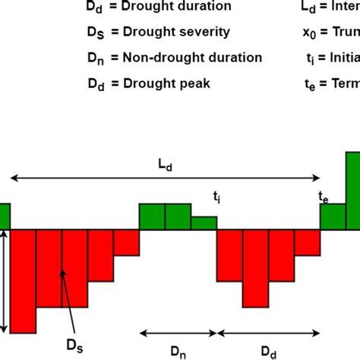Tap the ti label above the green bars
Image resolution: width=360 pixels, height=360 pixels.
click(217, 196)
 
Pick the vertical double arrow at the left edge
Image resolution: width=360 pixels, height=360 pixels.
click(6, 280)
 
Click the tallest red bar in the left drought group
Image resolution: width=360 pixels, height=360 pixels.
click(24, 280)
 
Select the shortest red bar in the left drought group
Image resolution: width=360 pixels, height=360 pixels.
click(127, 242)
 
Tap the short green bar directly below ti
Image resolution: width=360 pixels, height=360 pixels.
click(204, 223)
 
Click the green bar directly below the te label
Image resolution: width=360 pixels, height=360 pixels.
click(333, 216)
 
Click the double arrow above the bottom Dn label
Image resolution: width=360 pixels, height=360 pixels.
click(178, 332)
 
